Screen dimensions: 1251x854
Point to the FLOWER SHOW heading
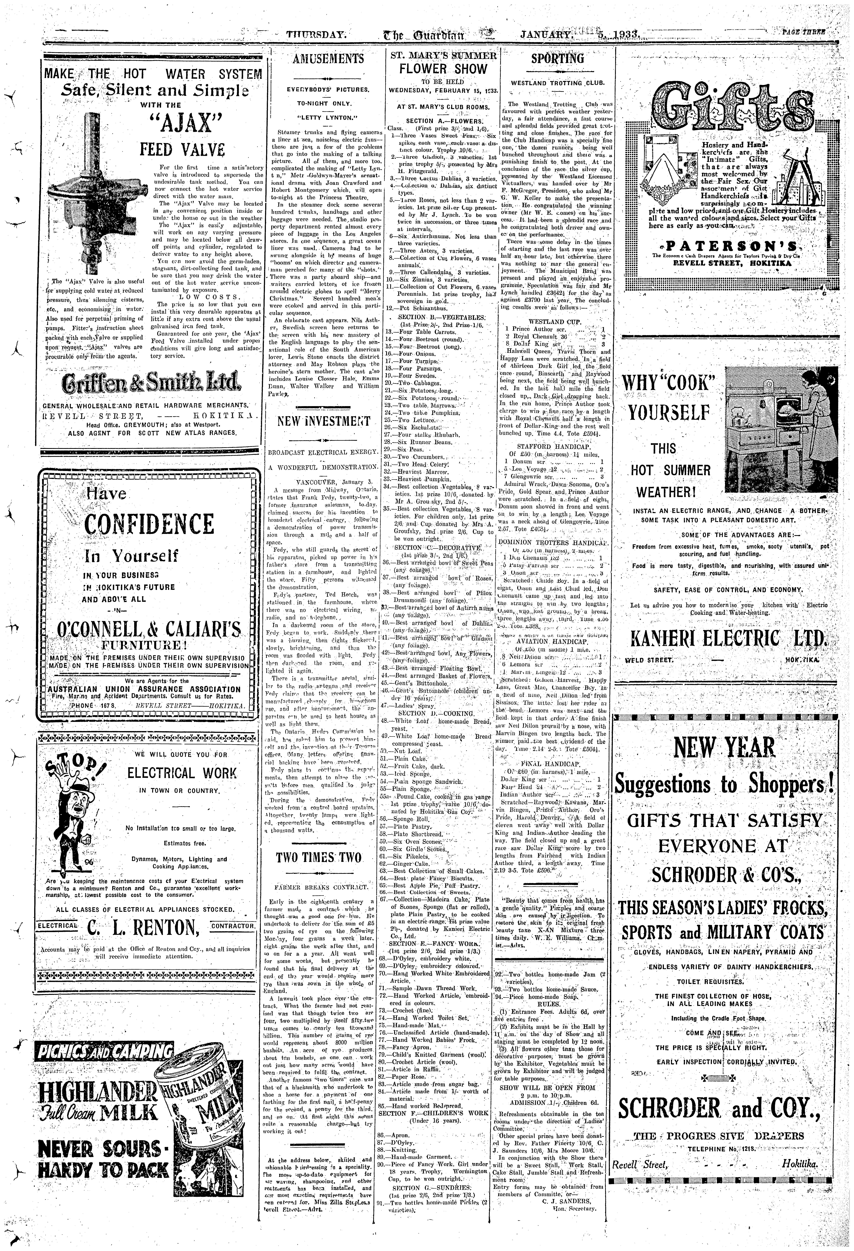point(443,69)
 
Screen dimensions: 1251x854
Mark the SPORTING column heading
point(557,59)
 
